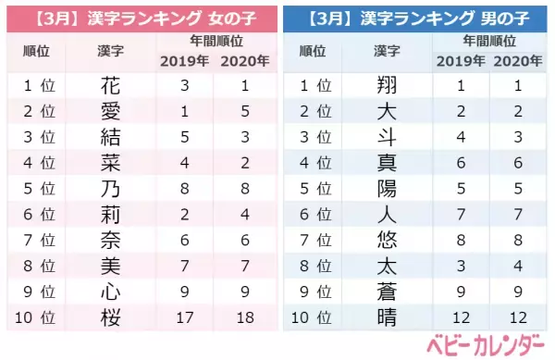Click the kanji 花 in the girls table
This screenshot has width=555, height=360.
110,86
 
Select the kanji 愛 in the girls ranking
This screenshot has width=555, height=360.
110,111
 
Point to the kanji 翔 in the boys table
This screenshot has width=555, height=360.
388,86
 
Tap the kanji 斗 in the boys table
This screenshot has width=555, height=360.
388,137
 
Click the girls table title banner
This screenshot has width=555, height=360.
139,17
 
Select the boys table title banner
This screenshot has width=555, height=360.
415,17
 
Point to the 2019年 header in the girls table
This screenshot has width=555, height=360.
185,61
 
